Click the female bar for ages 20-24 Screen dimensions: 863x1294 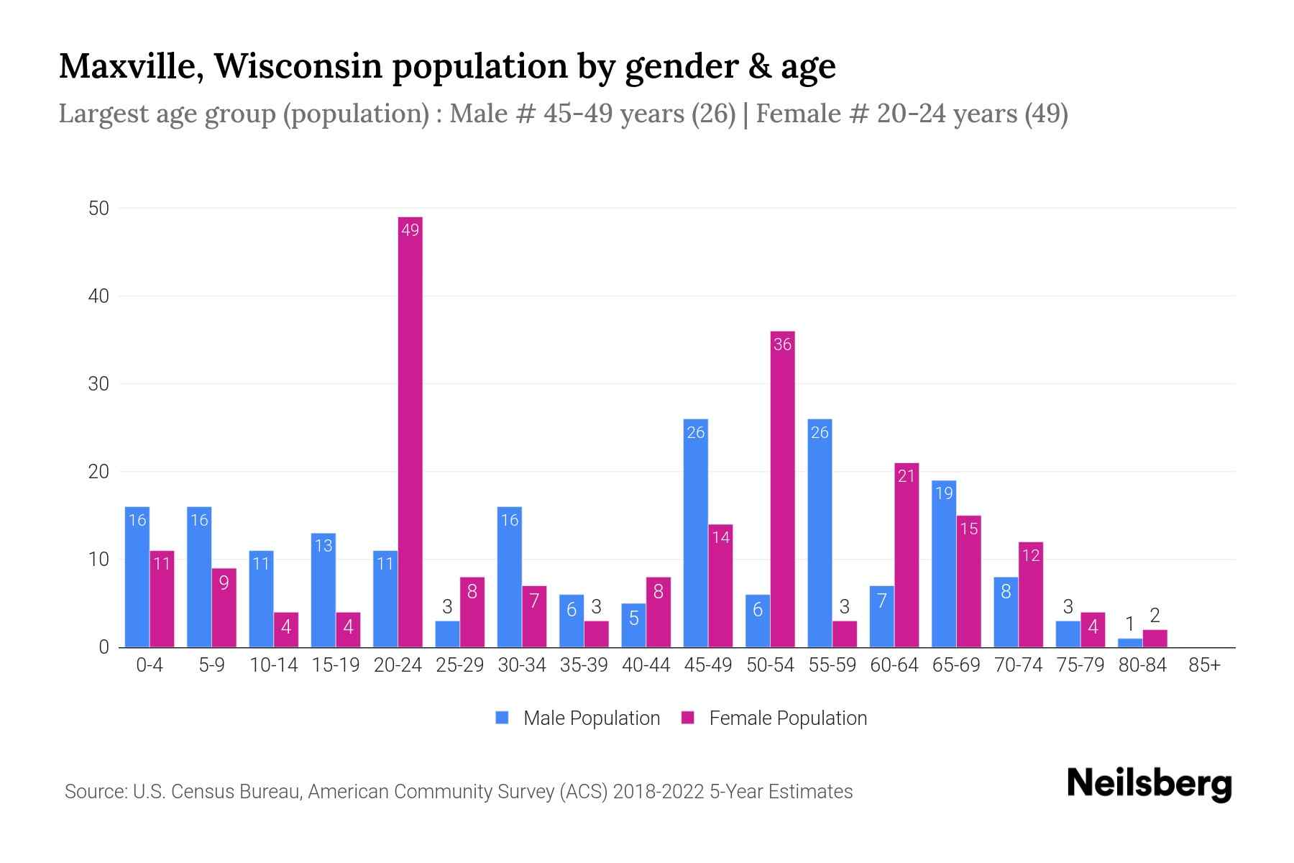click(x=410, y=431)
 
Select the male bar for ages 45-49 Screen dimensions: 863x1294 click(x=695, y=532)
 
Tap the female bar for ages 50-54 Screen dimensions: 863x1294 click(x=782, y=489)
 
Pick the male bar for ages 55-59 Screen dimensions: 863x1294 click(x=820, y=532)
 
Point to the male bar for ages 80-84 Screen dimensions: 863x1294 click(x=1129, y=643)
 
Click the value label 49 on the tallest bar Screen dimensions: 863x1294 click(x=410, y=230)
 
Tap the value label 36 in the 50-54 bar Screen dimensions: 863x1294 click(x=782, y=344)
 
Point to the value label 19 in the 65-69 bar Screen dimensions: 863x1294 click(x=944, y=493)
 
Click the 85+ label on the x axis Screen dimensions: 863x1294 click(x=1204, y=665)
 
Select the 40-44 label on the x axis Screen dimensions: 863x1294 click(x=646, y=665)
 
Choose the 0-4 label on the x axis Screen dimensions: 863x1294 click(x=150, y=665)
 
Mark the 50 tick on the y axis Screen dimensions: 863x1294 click(x=98, y=209)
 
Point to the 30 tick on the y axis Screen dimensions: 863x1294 click(x=98, y=384)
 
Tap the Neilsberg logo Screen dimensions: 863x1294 click(x=1149, y=784)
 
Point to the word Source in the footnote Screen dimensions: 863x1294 click(x=94, y=792)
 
